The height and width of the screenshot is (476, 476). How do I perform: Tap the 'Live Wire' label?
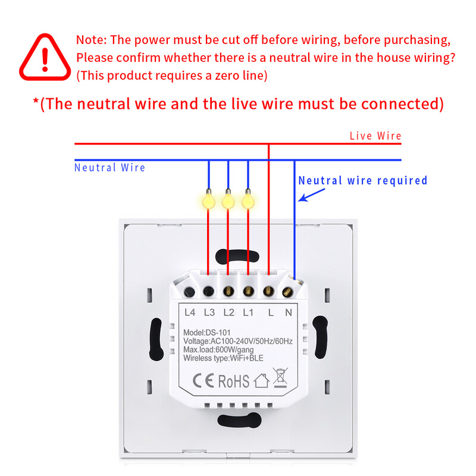click(375, 136)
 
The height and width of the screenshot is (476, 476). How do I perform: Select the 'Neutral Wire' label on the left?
click(109, 168)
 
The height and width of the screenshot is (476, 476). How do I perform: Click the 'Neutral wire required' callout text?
click(362, 180)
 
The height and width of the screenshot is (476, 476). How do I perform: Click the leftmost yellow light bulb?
click(208, 200)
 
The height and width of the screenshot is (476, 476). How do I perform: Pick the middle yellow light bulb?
click(228, 200)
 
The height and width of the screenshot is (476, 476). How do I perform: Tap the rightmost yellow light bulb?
click(248, 200)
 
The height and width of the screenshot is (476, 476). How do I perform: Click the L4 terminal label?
click(190, 312)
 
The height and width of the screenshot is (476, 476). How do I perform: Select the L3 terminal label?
click(209, 312)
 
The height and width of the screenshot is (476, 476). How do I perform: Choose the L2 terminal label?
click(228, 312)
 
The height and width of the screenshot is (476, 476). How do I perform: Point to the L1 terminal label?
click(248, 312)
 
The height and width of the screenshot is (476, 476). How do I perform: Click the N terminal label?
click(288, 312)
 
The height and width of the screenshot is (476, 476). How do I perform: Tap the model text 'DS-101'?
click(220, 332)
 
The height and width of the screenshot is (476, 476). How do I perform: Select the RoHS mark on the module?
click(233, 380)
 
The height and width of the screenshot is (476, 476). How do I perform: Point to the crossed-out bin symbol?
click(280, 379)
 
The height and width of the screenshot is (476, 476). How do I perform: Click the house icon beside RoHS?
click(261, 381)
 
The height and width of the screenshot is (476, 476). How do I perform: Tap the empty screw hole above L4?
click(189, 292)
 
